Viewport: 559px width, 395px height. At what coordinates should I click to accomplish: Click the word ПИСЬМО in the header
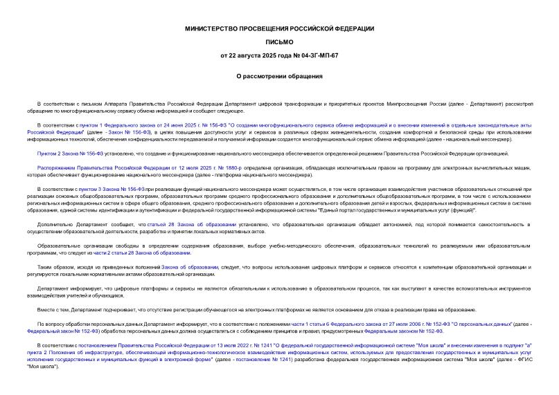point(279,42)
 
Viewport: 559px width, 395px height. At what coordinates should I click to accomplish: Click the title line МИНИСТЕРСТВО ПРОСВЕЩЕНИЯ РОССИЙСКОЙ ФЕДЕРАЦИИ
point(279,28)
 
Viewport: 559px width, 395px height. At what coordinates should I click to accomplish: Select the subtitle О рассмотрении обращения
point(279,76)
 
